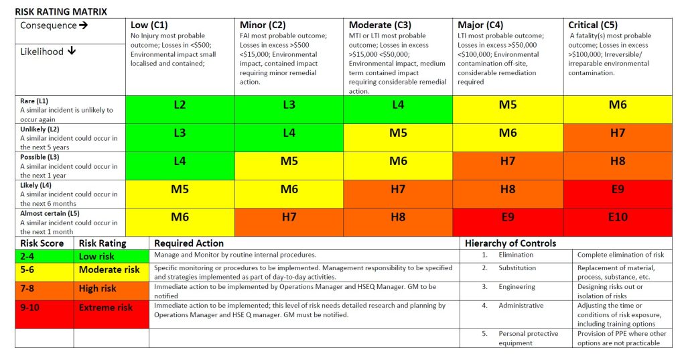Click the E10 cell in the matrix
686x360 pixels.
pyautogui.click(x=618, y=223)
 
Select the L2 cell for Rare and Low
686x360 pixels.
pyautogui.click(x=180, y=109)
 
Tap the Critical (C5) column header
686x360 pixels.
pyautogui.click(x=593, y=25)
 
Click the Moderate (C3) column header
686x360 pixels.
pyautogui.click(x=380, y=25)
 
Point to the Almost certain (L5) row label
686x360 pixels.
pyautogui.click(x=50, y=213)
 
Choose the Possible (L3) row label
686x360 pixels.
pyautogui.click(x=40, y=157)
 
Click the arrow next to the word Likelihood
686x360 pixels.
pyautogui.click(x=72, y=51)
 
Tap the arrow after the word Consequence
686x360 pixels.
pyautogui.click(x=84, y=25)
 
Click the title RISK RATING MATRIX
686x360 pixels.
pyautogui.click(x=61, y=12)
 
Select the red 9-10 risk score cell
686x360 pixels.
pyautogui.click(x=44, y=314)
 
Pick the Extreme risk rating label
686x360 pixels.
pyautogui.click(x=105, y=308)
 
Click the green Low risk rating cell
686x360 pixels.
pyautogui.click(x=111, y=256)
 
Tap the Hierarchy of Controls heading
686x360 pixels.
pyautogui.click(x=510, y=243)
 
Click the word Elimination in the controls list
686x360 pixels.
pyautogui.click(x=516, y=255)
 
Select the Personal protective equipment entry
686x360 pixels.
pyautogui.click(x=529, y=338)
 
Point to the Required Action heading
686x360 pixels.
pyautogui.click(x=189, y=243)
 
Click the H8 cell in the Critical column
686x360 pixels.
pyautogui.click(x=618, y=166)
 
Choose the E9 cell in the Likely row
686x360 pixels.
pyautogui.click(x=618, y=194)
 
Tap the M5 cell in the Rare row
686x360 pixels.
pyautogui.click(x=508, y=109)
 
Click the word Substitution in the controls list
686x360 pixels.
pyautogui.click(x=517, y=267)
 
